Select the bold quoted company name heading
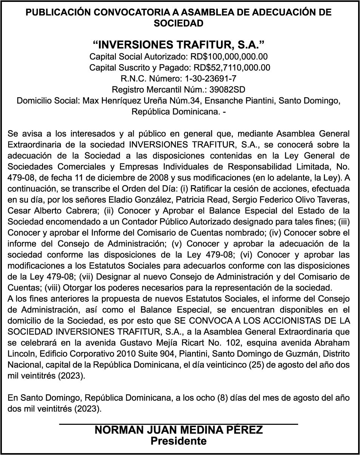[x=178, y=45]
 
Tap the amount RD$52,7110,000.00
[x=232, y=68]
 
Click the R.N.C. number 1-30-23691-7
[x=211, y=79]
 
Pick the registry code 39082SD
[x=228, y=90]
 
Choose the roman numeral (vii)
[x=88, y=277]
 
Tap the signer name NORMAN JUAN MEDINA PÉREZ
[x=178, y=430]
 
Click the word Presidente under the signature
[x=178, y=441]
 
